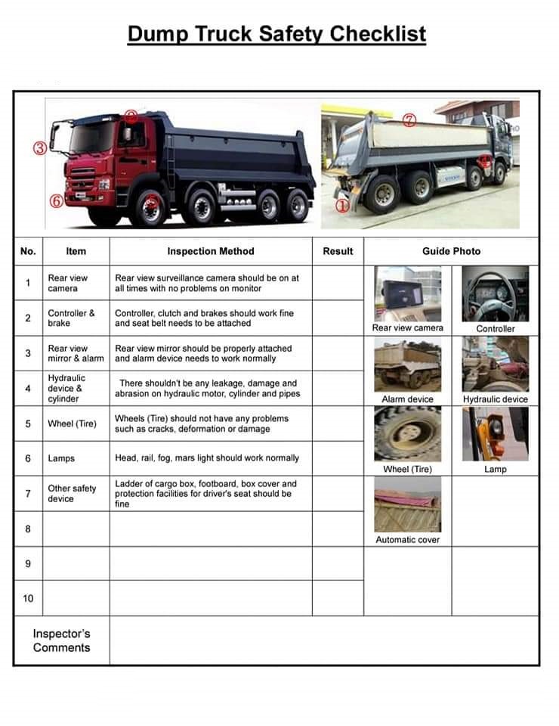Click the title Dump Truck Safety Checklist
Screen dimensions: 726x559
tap(276, 34)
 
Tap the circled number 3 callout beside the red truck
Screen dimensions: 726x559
tap(40, 148)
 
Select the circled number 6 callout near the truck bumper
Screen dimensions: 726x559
tap(55, 201)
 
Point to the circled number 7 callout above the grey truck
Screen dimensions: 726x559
tap(409, 120)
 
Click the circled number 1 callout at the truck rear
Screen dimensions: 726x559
tap(341, 205)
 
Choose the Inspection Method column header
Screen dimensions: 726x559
tap(210, 251)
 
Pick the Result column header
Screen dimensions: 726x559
tap(338, 251)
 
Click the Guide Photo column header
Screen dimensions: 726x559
tap(451, 251)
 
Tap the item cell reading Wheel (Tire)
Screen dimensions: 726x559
tap(72, 423)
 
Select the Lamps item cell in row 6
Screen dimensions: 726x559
tap(61, 458)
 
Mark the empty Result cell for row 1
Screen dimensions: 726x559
tap(338, 283)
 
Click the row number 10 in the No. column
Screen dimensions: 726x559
tap(28, 598)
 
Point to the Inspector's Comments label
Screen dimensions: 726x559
tap(61, 641)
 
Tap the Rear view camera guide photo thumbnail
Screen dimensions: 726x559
tap(407, 293)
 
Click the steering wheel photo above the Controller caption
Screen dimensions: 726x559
tap(496, 293)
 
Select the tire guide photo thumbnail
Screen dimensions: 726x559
tap(407, 434)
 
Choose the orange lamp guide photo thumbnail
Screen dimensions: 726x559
tap(496, 434)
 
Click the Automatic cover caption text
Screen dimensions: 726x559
tap(407, 540)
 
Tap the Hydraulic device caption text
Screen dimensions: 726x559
tap(496, 399)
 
